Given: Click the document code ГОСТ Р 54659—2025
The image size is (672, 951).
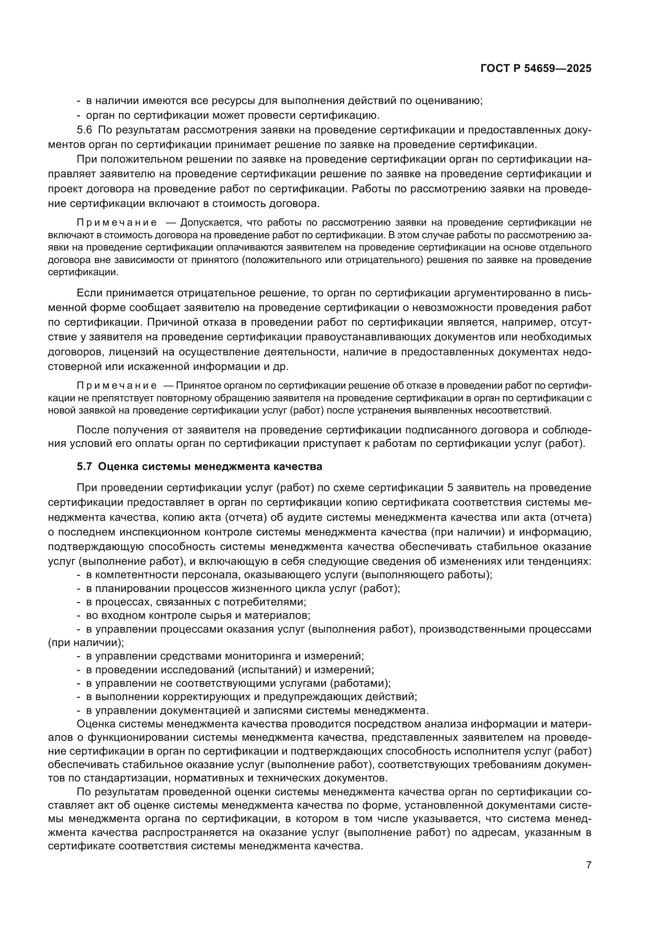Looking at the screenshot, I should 536,69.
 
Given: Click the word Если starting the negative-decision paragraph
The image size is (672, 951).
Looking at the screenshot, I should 89,293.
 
